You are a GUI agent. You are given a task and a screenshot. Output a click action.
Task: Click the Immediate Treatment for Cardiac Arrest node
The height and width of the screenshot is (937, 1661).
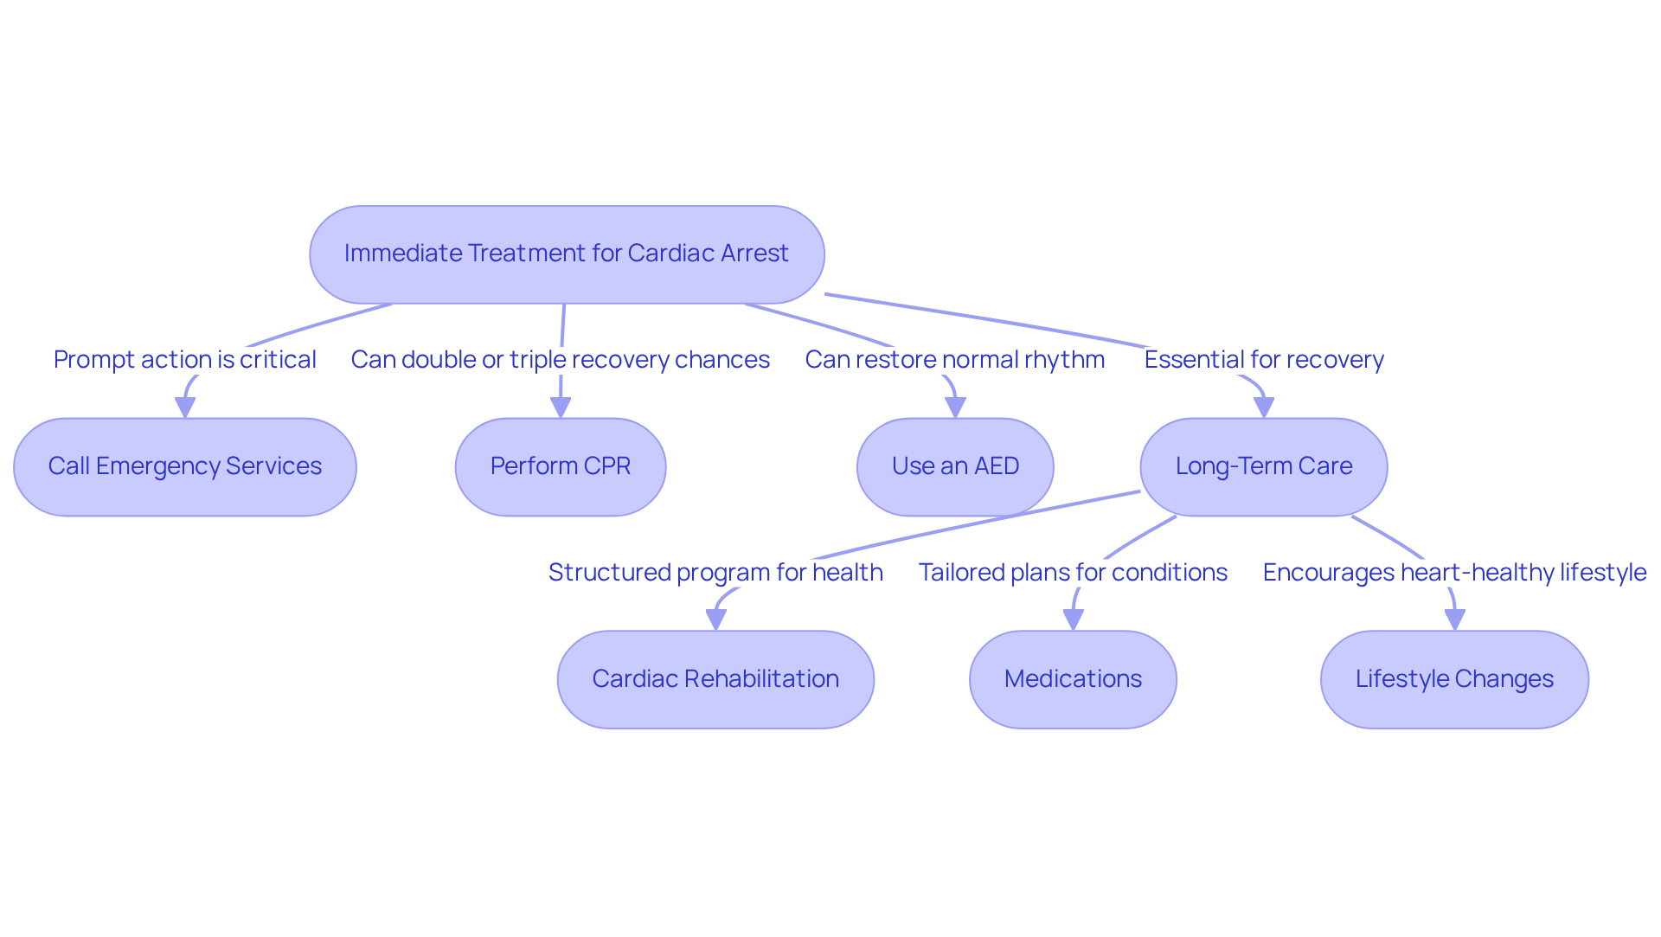coord(567,254)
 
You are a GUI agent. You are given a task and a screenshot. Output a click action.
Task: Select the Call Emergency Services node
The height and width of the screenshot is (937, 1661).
coord(185,466)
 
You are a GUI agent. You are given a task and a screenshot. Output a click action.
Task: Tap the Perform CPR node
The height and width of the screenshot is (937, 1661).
coord(561,466)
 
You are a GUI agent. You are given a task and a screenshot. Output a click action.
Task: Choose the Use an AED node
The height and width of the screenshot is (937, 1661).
coord(955,466)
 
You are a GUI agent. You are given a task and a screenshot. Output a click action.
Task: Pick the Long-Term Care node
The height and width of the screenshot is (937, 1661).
coord(1264,466)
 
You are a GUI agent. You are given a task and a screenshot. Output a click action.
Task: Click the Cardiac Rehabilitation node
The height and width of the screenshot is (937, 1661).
coord(715,679)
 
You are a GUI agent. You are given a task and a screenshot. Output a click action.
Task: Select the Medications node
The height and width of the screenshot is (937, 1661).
coord(1073,679)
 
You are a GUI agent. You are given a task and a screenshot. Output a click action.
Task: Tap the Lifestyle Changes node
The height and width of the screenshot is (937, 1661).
coord(1454,679)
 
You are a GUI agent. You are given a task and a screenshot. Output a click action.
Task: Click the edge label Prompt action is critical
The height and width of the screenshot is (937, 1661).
coord(185,360)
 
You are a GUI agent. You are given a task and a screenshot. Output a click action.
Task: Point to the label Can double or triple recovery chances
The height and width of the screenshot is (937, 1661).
coord(561,360)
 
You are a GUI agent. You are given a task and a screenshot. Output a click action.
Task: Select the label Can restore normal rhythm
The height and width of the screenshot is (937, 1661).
coord(955,360)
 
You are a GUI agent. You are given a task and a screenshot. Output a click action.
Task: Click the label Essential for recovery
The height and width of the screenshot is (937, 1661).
coord(1264,360)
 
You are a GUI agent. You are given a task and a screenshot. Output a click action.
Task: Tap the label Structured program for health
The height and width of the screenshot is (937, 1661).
coord(715,573)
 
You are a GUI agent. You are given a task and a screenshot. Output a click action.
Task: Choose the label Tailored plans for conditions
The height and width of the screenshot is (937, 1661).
coord(1073,573)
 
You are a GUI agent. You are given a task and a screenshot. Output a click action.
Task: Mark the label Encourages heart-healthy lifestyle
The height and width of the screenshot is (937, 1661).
coord(1454,573)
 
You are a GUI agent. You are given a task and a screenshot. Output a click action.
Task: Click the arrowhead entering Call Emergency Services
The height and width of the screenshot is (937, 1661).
coord(185,408)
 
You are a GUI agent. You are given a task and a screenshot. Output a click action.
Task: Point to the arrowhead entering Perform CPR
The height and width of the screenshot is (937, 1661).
coord(561,408)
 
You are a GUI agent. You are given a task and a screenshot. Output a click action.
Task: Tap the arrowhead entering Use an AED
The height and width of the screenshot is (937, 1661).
coord(955,408)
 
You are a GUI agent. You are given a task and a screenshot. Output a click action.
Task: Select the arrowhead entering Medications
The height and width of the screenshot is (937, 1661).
coord(1073,620)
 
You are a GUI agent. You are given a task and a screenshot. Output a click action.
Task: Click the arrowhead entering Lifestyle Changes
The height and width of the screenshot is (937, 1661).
coord(1454,620)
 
